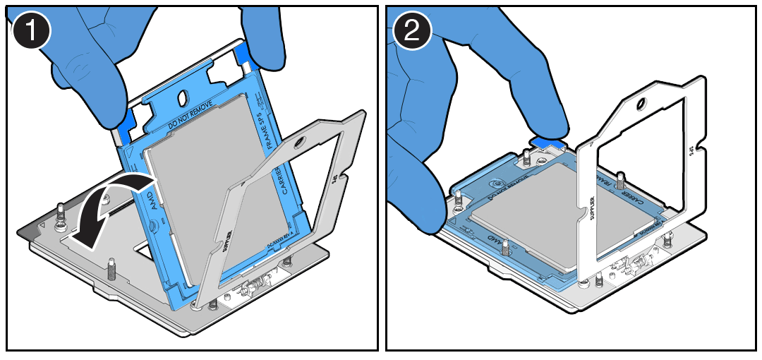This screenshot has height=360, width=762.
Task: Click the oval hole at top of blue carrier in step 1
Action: pyautogui.click(x=182, y=96)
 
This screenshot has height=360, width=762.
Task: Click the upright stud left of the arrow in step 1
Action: pyautogui.click(x=61, y=212)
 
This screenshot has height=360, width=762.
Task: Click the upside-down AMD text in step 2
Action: pyautogui.click(x=502, y=244)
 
